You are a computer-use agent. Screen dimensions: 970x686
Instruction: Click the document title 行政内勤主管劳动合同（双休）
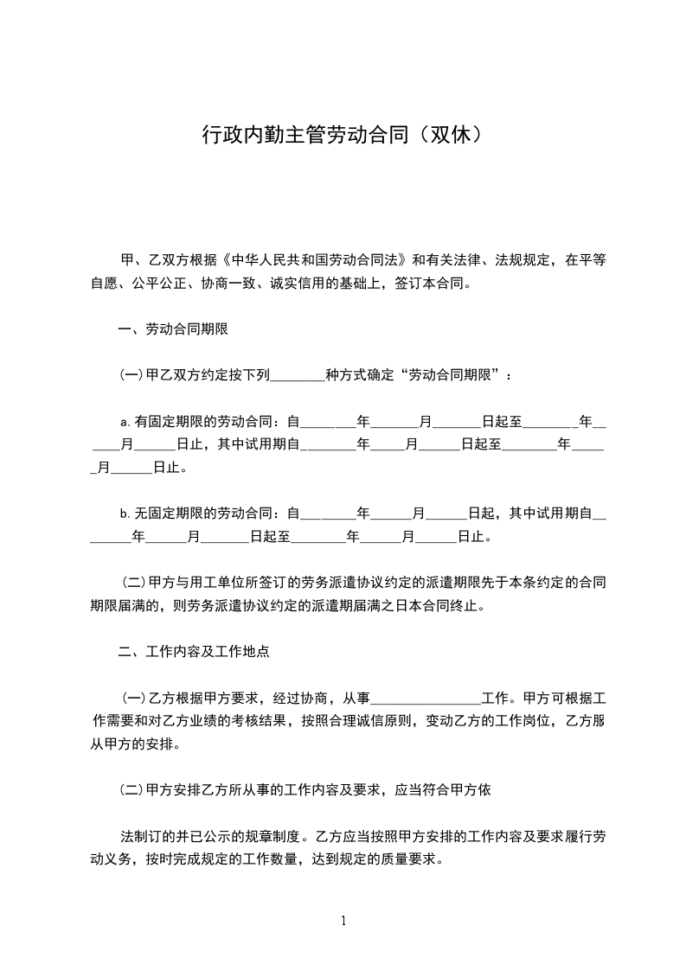pyautogui.click(x=342, y=136)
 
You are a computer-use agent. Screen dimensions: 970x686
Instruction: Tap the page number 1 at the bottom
pyautogui.click(x=343, y=921)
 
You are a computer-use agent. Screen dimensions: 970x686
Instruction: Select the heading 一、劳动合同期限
pyautogui.click(x=172, y=329)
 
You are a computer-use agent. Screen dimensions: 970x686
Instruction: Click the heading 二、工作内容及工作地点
pyautogui.click(x=194, y=652)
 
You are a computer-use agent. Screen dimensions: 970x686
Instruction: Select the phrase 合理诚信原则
pyautogui.click(x=371, y=721)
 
